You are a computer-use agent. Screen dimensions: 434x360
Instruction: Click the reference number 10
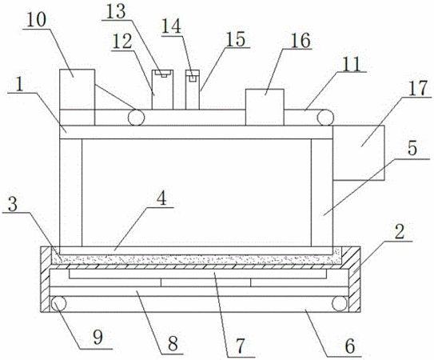pyautogui.click(x=37, y=20)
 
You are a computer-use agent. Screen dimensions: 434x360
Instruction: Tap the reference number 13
pyautogui.click(x=116, y=12)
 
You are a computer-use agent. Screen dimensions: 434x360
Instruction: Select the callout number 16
pyautogui.click(x=301, y=41)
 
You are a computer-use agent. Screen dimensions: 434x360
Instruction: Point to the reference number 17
pyautogui.click(x=419, y=89)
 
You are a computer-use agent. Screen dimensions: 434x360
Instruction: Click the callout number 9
pyautogui.click(x=98, y=338)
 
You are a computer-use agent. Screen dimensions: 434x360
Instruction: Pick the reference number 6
pyautogui.click(x=350, y=346)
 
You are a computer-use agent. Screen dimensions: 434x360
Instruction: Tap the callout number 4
pyautogui.click(x=162, y=198)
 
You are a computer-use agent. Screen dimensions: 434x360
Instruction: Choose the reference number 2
pyautogui.click(x=400, y=232)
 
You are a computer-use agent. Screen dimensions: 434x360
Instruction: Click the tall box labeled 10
pyautogui.click(x=78, y=97)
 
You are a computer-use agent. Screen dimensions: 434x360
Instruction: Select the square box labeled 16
pyautogui.click(x=265, y=107)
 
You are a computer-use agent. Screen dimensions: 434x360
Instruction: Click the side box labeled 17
pyautogui.click(x=359, y=153)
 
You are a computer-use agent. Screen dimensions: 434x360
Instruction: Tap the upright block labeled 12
pyautogui.click(x=162, y=90)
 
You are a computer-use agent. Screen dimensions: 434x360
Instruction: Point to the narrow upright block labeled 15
pyautogui.click(x=193, y=90)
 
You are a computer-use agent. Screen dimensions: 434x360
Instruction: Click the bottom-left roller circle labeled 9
pyautogui.click(x=58, y=303)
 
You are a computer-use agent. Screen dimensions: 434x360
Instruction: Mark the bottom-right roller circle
pyautogui.click(x=340, y=303)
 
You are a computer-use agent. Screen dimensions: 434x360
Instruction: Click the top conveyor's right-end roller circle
pyautogui.click(x=325, y=118)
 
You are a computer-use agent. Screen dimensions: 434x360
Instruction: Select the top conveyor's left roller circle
pyautogui.click(x=136, y=118)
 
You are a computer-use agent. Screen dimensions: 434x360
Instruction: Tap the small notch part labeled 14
pyautogui.click(x=193, y=78)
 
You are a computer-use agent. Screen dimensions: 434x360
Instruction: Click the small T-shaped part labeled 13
pyautogui.click(x=164, y=74)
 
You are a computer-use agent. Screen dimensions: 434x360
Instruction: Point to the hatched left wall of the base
pyautogui.click(x=45, y=279)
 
